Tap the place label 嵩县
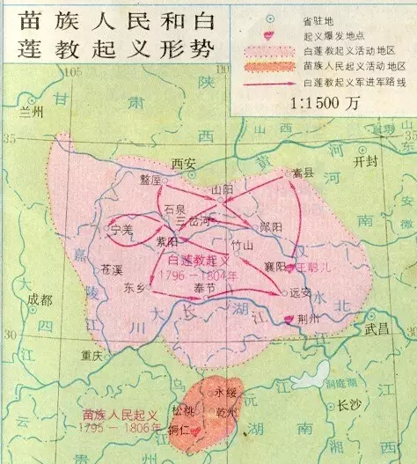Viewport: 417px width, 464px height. [304, 173]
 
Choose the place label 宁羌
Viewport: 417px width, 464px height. [119, 230]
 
